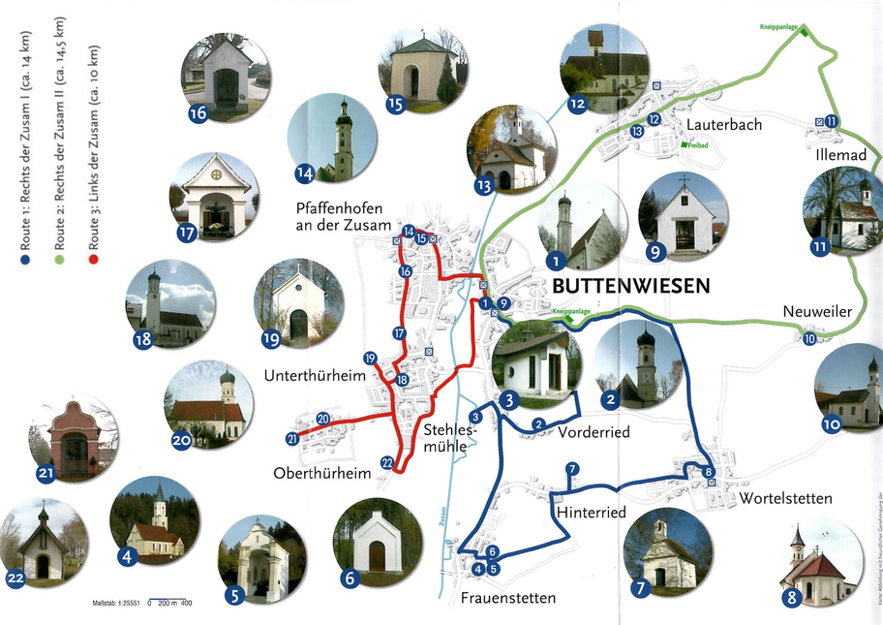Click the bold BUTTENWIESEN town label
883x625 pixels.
[x=631, y=286]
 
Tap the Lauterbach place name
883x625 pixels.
[x=724, y=125]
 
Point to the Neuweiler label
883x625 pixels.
[x=817, y=312]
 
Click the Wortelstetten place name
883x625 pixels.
[x=785, y=499]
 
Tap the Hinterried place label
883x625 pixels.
[x=591, y=512]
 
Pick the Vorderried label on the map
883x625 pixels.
[x=593, y=432]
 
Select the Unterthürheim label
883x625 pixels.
[x=309, y=375]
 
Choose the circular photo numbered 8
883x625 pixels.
[x=820, y=563]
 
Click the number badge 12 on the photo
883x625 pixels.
[x=578, y=103]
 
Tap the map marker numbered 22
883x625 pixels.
[x=387, y=463]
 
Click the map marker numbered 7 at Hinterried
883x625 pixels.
[x=572, y=470]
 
